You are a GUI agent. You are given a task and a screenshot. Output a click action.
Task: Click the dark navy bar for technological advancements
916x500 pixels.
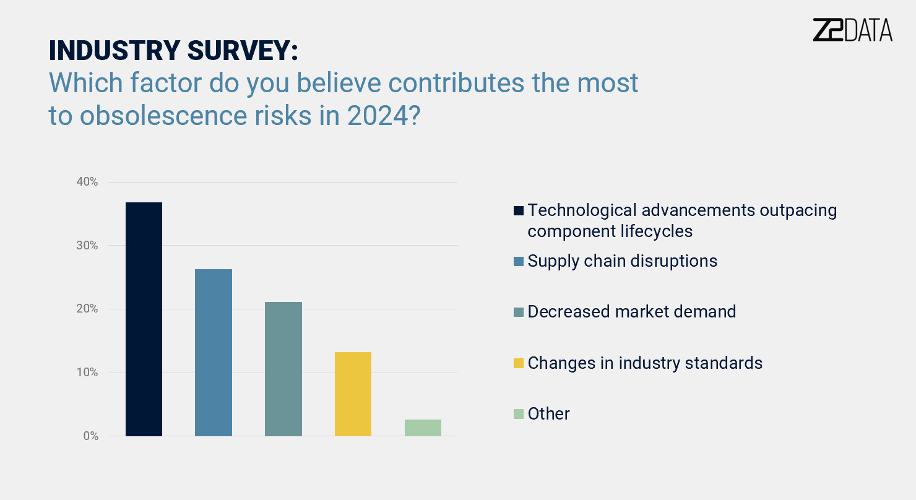[x=144, y=319]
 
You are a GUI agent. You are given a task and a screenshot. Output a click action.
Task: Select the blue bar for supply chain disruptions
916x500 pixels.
[x=214, y=353]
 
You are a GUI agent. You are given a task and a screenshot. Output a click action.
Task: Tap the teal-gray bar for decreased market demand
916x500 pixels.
[x=283, y=369]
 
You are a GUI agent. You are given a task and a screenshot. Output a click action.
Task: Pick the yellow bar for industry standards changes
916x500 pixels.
[x=353, y=394]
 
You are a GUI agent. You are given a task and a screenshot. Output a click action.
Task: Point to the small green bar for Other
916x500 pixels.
[x=423, y=428]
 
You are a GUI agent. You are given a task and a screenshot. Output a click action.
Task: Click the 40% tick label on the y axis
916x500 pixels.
[x=87, y=182]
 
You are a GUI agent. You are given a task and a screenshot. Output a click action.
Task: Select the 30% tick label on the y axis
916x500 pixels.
[x=87, y=246]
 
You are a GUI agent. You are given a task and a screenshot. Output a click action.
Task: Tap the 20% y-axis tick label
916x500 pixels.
[x=87, y=309]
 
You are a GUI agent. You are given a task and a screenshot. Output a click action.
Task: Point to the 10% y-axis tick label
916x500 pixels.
[x=87, y=373]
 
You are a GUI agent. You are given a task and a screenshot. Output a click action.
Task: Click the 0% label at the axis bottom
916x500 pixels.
[x=90, y=436]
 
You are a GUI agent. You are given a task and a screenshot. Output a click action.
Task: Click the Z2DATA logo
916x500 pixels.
[x=852, y=30]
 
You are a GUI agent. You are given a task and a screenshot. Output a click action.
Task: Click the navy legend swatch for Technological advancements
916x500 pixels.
[x=519, y=210]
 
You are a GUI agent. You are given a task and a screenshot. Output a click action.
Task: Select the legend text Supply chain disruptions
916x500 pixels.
[x=622, y=261]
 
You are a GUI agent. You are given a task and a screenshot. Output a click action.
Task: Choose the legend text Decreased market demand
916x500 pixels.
[x=631, y=311]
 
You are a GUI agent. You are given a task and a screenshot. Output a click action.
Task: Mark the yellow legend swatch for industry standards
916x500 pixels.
[x=519, y=363]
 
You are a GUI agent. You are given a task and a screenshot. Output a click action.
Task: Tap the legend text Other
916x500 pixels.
[x=548, y=413]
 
